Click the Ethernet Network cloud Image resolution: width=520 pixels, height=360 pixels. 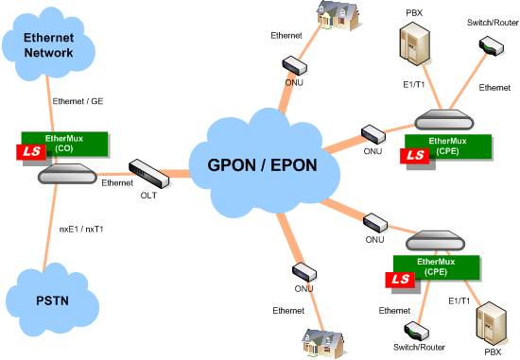tap(49, 46)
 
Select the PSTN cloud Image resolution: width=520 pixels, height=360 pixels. tap(51, 300)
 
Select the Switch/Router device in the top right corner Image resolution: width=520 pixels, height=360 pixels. tap(489, 45)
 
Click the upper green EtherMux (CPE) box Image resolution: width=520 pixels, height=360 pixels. tap(447, 146)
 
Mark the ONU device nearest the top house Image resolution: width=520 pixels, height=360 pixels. tap(294, 64)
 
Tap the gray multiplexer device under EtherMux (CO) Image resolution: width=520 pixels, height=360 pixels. tap(66, 176)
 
